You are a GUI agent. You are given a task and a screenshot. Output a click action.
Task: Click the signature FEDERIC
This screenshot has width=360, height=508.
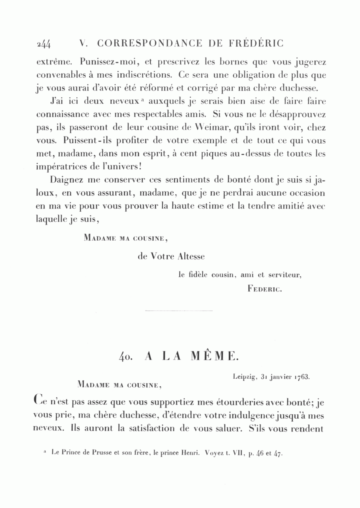coord(265,288)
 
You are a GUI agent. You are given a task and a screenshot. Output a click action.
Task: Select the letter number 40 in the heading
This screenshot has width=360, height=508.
coord(126,356)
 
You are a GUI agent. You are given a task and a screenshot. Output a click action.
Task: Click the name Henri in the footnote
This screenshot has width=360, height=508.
coord(190,454)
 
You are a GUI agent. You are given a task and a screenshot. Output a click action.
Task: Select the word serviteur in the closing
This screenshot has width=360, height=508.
coord(286,275)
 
